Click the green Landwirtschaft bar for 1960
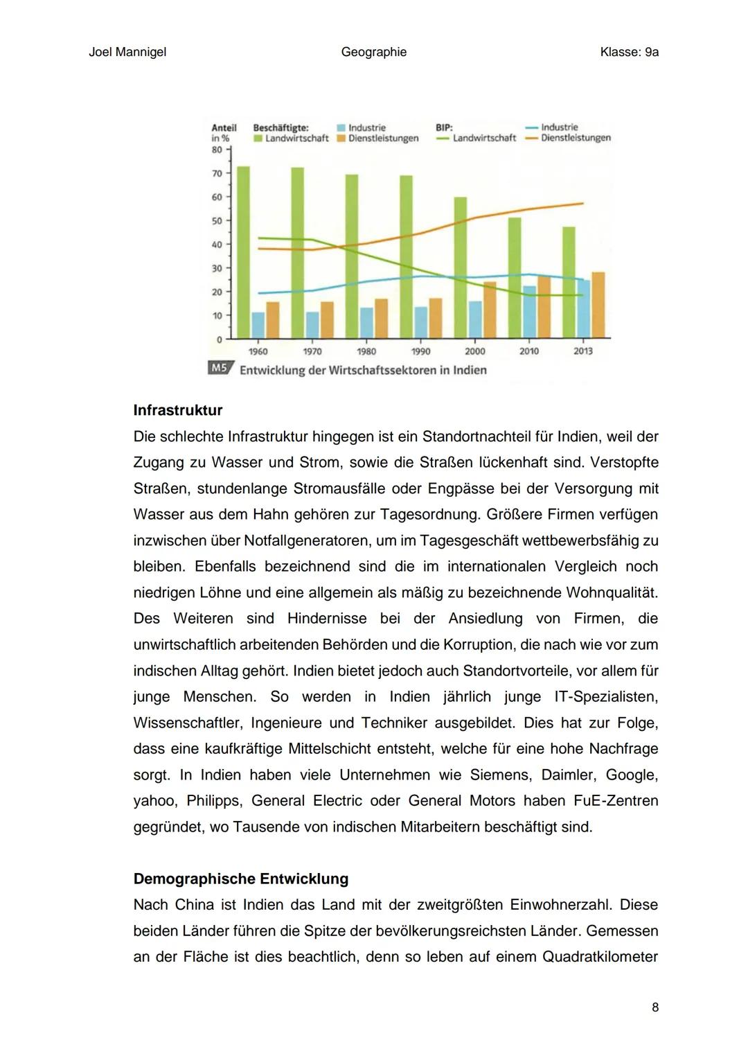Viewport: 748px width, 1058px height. pos(243,252)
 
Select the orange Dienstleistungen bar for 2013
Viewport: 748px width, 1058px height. pos(598,305)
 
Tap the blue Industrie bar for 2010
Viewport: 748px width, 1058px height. pos(529,312)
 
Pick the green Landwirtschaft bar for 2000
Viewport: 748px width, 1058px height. pos(460,267)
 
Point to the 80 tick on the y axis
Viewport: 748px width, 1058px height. pos(217,150)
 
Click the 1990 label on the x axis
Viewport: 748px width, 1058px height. pos(420,351)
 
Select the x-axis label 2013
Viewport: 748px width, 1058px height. pos(583,351)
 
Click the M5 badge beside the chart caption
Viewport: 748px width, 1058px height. pos(220,369)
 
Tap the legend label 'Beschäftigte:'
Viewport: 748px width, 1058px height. pos(280,127)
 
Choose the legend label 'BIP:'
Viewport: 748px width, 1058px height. pos(444,127)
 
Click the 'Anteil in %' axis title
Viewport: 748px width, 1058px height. pos(223,133)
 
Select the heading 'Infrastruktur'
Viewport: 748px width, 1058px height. pos(178,410)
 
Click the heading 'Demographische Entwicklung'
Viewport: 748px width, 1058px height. pos(240,879)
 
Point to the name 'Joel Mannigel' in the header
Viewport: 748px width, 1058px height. pos(127,52)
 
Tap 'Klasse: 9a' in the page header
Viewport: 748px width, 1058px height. pos(629,52)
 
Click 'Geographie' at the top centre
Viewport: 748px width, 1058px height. pos(373,52)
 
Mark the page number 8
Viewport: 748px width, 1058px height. pos(655,1007)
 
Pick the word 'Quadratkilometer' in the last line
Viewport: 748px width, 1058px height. pos(600,957)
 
